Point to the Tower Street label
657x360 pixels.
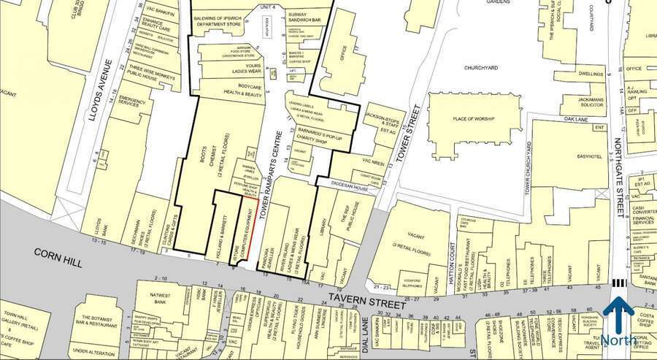pyautogui.click(x=412, y=135)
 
